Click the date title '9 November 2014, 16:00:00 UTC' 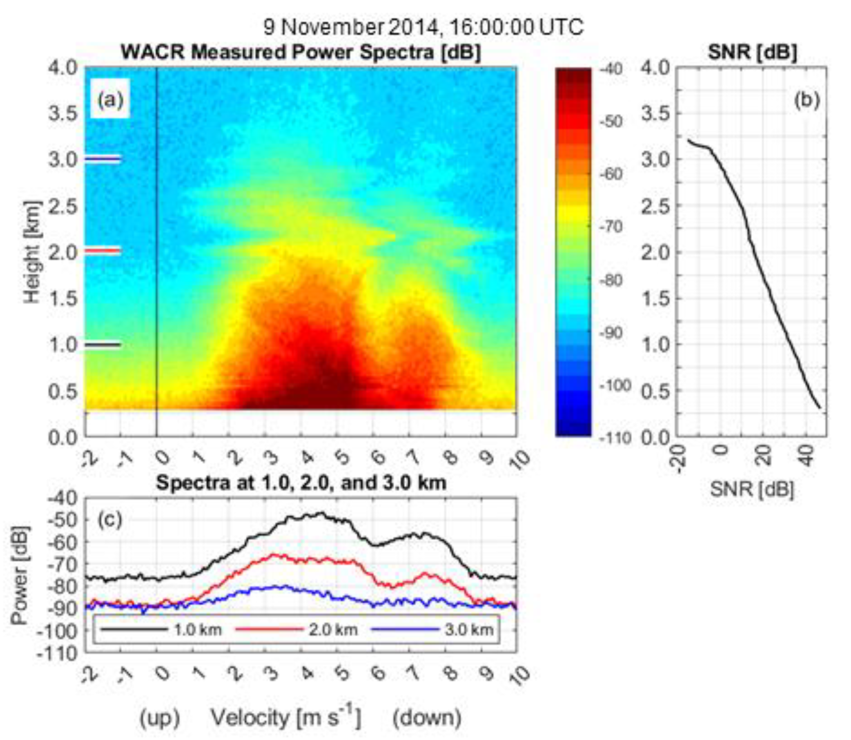pos(424,28)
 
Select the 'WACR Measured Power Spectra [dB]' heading pos(301,53)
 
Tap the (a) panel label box pos(110,99)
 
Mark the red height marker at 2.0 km pos(103,250)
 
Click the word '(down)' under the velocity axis pos(427,718)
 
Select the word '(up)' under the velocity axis pos(159,718)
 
